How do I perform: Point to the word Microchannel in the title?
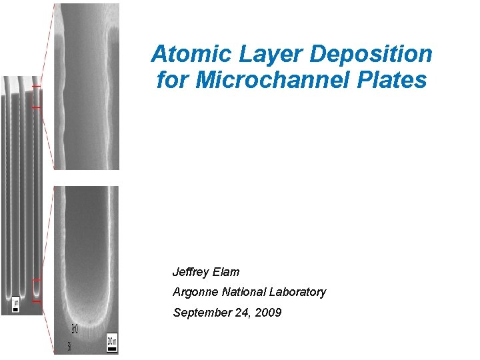273,80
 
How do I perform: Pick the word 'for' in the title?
169,80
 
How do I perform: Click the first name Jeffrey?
191,272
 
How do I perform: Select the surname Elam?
227,272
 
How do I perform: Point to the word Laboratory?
299,292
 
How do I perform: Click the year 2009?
269,312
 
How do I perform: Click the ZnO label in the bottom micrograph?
75,328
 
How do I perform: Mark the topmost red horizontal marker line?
36,87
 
